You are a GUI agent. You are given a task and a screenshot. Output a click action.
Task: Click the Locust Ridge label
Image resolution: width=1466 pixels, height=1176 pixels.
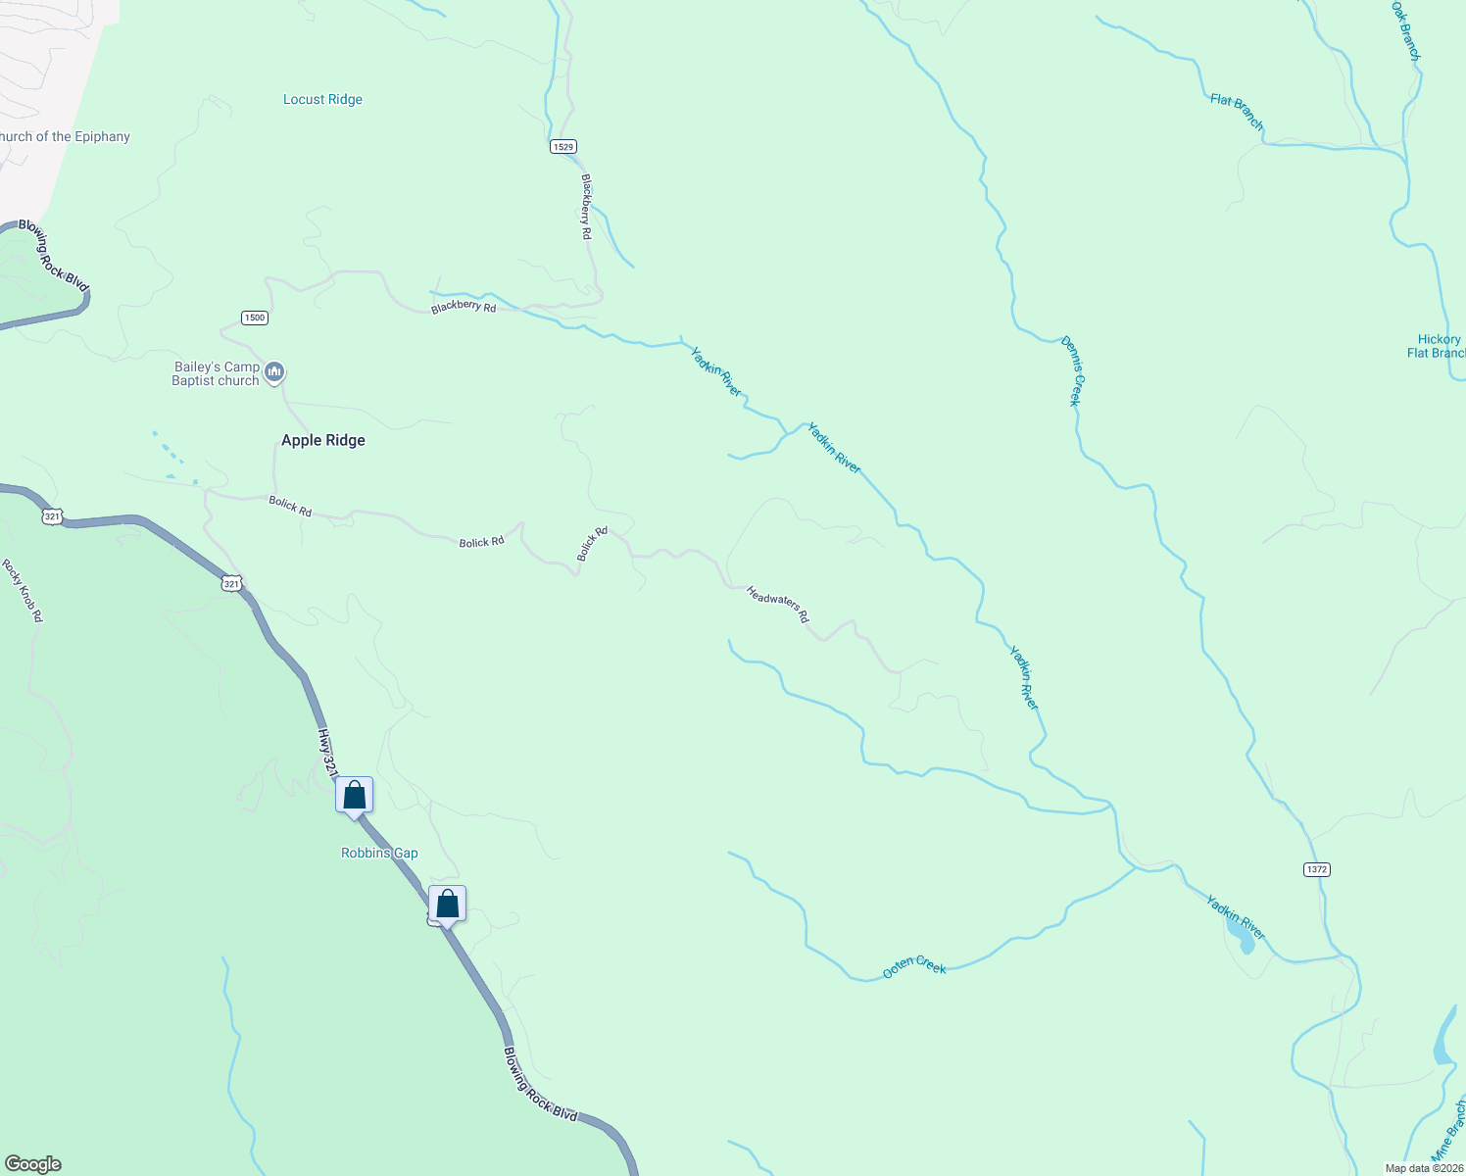pos(322,100)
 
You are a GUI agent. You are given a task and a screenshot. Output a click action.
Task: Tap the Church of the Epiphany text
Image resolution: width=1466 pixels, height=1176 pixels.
pos(65,137)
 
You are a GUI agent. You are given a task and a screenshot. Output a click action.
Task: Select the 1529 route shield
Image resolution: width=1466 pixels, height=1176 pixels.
pos(562,147)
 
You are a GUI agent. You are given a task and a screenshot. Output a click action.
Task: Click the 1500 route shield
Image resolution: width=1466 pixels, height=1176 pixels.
pos(255,318)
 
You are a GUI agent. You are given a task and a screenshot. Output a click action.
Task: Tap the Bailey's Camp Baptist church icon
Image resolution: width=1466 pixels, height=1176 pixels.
pos(275,372)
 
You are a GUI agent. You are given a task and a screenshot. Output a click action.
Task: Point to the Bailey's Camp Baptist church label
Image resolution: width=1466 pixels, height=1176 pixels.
pos(216,373)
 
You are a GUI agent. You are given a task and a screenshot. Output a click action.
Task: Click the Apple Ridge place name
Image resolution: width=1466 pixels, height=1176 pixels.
pos(323,441)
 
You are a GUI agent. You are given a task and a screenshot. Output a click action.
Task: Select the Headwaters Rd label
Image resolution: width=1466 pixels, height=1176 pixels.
pos(778,604)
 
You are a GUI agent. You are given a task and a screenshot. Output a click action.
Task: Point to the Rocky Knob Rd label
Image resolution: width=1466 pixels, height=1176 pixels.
pos(23,591)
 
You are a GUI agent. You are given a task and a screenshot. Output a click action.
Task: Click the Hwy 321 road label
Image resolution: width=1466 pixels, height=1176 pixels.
pos(327,753)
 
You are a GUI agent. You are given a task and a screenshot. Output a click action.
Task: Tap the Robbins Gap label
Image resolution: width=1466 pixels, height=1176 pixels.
pos(379,854)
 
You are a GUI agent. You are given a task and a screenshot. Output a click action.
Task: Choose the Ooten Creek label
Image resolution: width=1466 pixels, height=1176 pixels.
pos(914,966)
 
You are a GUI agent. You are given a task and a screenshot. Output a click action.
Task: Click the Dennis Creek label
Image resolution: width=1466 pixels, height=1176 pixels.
pos(1072,370)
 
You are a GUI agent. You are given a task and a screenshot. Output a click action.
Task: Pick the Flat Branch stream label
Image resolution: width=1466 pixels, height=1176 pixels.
pos(1237,112)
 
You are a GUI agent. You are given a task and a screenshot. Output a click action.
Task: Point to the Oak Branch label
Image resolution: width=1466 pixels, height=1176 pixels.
pos(1406,30)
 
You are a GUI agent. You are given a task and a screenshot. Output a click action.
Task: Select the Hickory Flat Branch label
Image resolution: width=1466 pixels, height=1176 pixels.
pos(1437,346)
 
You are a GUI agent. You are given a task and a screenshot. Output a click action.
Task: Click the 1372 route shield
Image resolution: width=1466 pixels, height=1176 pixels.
pos(1317,869)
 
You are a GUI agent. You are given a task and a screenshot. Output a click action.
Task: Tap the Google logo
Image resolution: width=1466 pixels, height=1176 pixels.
pos(33,1164)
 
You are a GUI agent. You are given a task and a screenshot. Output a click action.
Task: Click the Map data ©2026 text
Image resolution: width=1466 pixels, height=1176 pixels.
pos(1424,1168)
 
